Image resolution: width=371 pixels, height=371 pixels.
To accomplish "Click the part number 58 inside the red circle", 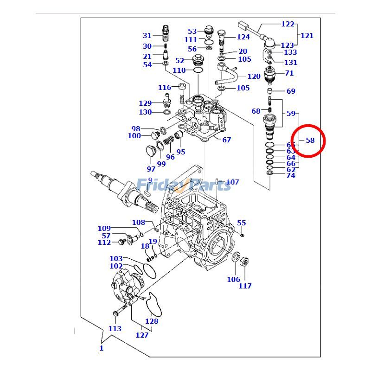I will click(x=310, y=140).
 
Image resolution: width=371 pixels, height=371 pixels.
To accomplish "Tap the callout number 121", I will click(x=307, y=35).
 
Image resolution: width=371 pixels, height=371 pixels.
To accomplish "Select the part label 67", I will click(x=226, y=140).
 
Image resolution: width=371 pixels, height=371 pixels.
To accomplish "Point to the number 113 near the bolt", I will click(x=115, y=328).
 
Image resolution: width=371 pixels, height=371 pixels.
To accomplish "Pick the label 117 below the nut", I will click(x=245, y=286).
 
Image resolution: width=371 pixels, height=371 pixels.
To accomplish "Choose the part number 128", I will click(x=152, y=321).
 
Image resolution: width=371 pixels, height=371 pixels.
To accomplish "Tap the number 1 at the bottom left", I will click(x=101, y=348).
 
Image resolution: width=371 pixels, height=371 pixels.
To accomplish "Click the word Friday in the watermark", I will click(x=155, y=185).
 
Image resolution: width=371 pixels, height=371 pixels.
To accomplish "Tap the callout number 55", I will click(x=241, y=223).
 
